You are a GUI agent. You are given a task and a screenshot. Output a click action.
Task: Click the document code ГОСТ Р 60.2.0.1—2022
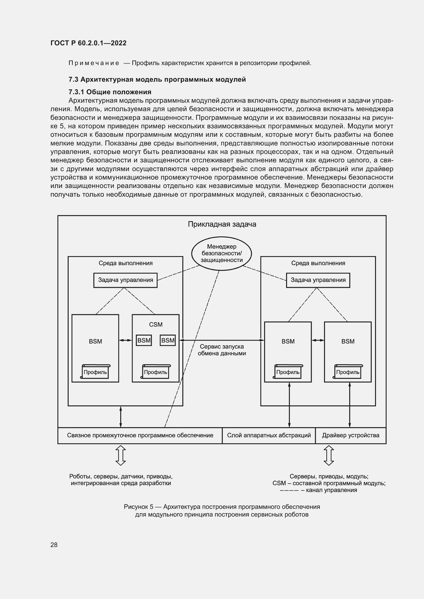[88, 43]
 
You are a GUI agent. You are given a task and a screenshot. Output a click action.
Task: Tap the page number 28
[54, 545]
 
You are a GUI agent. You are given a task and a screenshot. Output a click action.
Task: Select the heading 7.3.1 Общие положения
[110, 92]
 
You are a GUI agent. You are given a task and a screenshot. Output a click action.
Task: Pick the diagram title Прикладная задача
[222, 224]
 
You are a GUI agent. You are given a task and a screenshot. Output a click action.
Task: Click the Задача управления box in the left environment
[125, 280]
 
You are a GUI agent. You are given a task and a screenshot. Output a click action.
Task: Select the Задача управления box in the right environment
[318, 280]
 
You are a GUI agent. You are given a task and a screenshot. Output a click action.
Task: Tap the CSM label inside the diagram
[156, 324]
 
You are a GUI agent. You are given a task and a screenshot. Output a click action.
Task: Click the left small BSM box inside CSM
[144, 340]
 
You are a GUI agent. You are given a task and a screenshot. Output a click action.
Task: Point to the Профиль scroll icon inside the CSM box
[156, 372]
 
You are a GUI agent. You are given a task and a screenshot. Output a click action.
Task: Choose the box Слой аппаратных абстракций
[269, 435]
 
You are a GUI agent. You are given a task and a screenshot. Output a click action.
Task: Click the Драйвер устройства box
[350, 435]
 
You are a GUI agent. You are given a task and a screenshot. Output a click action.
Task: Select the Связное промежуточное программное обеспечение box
[140, 435]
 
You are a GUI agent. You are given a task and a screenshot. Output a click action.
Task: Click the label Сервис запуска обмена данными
[222, 350]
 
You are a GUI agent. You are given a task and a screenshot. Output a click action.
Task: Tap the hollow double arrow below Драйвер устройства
[328, 456]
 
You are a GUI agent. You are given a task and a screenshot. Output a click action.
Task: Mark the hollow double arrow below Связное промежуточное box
[120, 456]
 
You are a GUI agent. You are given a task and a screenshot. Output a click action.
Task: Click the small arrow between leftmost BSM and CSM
[125, 340]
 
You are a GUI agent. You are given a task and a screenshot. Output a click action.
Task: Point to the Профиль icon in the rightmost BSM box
[348, 372]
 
